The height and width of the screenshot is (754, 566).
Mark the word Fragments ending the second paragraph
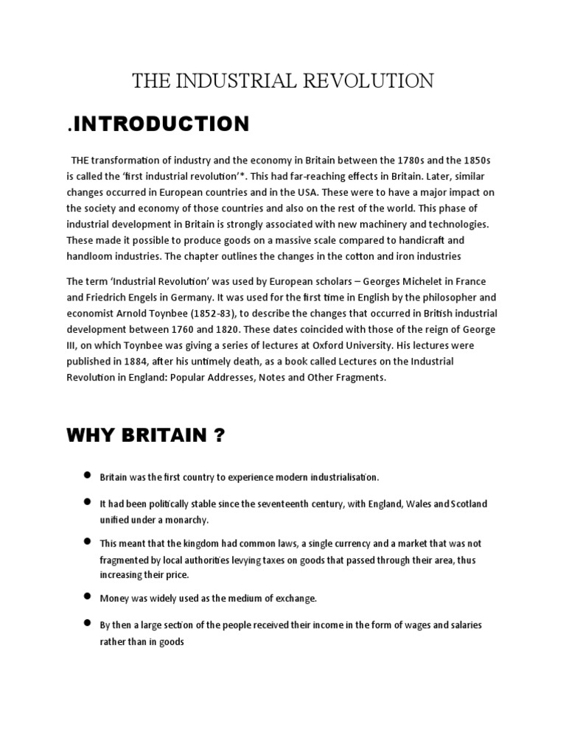359,378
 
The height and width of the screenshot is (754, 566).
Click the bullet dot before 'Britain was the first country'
88,476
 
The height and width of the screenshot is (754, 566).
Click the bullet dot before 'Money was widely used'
88,596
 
